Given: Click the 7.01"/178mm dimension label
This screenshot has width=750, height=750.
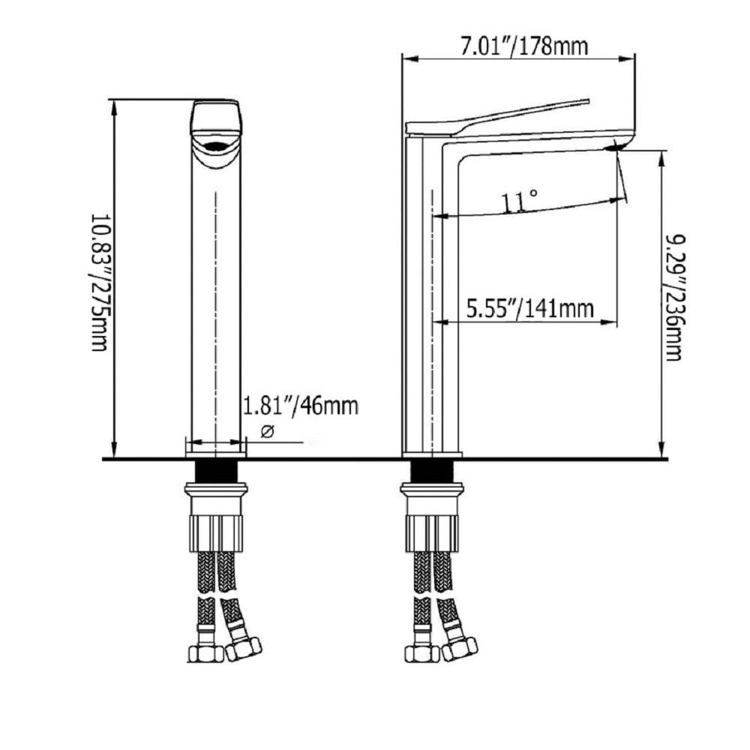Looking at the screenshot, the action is [x=523, y=46].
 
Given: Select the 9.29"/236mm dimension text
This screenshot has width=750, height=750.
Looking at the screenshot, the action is [x=675, y=297].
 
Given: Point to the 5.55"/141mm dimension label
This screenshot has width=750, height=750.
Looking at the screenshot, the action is [x=530, y=308].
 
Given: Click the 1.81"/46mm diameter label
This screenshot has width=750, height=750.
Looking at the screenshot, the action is [x=301, y=406].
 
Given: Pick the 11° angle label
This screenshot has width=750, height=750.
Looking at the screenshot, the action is [x=519, y=200].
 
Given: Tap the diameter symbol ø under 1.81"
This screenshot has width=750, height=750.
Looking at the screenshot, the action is [x=268, y=431].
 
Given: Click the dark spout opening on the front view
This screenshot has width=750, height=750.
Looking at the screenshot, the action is [x=216, y=145].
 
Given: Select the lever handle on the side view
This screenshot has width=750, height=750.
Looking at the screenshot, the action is [x=497, y=116].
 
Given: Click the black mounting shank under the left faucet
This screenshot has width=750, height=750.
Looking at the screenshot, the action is [x=217, y=472].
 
